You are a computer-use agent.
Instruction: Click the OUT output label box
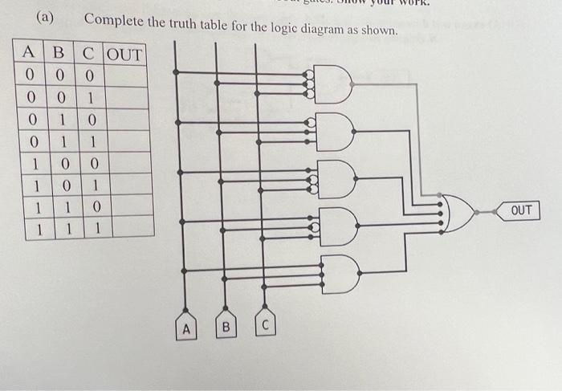point(521,210)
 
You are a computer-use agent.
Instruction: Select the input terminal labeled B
point(226,328)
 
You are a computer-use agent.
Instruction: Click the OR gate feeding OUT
point(458,214)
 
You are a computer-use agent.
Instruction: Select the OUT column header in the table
point(124,55)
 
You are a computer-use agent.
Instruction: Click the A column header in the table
point(29,55)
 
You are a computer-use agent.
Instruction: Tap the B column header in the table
point(58,55)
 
